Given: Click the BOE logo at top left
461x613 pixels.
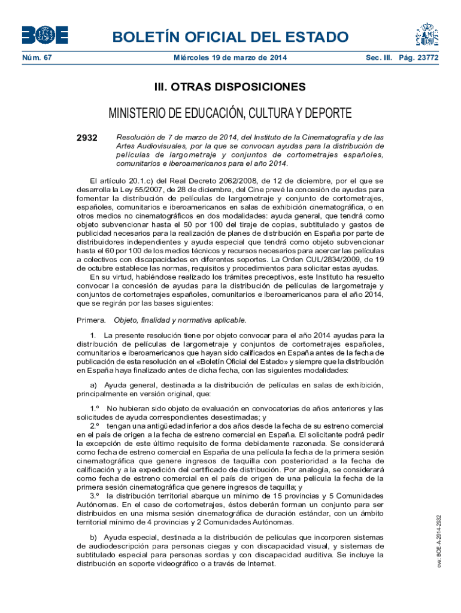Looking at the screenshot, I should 45,35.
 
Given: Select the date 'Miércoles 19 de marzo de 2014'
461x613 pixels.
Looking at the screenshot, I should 230,58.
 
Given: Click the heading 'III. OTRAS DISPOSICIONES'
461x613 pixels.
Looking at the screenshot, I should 230,87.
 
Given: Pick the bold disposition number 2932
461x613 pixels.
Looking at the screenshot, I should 87,138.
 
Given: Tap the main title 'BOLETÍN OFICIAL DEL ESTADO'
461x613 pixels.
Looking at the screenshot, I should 230,38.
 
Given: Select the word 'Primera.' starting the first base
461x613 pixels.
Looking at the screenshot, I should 92,320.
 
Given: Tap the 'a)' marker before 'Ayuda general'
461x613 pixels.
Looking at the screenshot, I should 93,385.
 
